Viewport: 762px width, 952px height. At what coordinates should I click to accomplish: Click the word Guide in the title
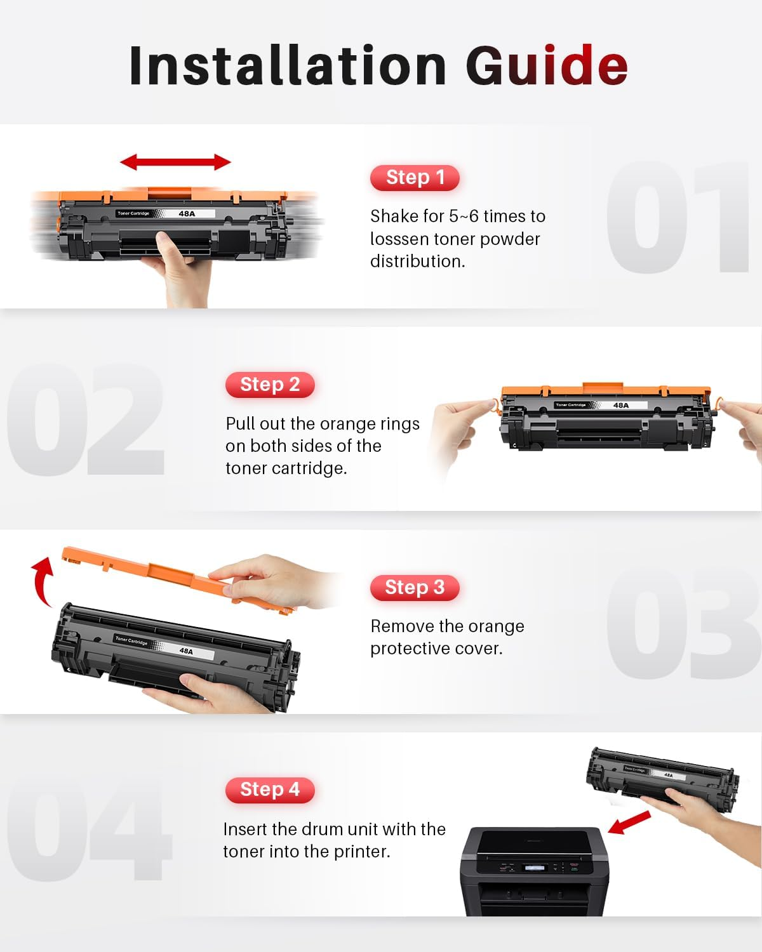coord(547,65)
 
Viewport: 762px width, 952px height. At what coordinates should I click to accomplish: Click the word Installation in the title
coord(288,65)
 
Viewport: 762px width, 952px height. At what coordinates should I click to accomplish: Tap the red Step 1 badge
coord(415,178)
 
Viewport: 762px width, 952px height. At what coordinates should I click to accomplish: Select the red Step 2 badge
coord(270,385)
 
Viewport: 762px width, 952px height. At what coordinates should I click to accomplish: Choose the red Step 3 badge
coord(415,588)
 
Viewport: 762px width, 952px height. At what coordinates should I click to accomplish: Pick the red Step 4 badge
coord(270,790)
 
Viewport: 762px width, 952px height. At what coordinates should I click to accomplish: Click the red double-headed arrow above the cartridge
coord(175,162)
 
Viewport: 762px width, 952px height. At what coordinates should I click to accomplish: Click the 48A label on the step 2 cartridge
coord(620,405)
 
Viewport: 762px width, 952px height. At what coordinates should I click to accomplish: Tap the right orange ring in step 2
coord(719,402)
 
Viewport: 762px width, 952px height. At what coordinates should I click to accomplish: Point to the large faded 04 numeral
coord(89,831)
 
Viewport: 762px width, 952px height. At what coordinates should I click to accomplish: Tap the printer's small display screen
coord(533,868)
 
